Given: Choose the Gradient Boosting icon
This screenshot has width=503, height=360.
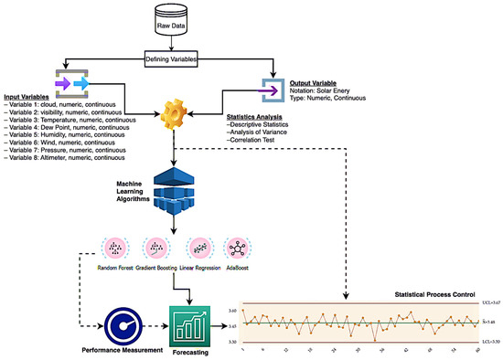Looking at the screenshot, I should (x=157, y=247).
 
